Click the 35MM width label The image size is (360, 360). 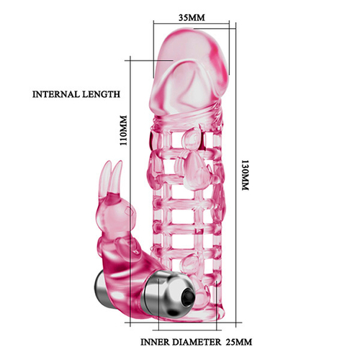tap(192, 17)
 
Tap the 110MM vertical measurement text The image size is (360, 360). tap(123, 130)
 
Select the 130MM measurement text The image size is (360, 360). tap(245, 175)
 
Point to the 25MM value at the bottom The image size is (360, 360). tap(239, 342)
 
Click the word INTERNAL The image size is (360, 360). tap(56, 94)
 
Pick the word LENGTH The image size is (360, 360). tap(101, 94)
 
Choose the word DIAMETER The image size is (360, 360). tap(197, 342)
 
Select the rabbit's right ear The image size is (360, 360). tap(117, 176)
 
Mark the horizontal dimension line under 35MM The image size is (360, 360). tap(192, 24)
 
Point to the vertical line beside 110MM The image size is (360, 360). tap(130, 192)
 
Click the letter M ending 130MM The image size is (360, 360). tap(245, 187)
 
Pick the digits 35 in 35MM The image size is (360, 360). tap(184, 17)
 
